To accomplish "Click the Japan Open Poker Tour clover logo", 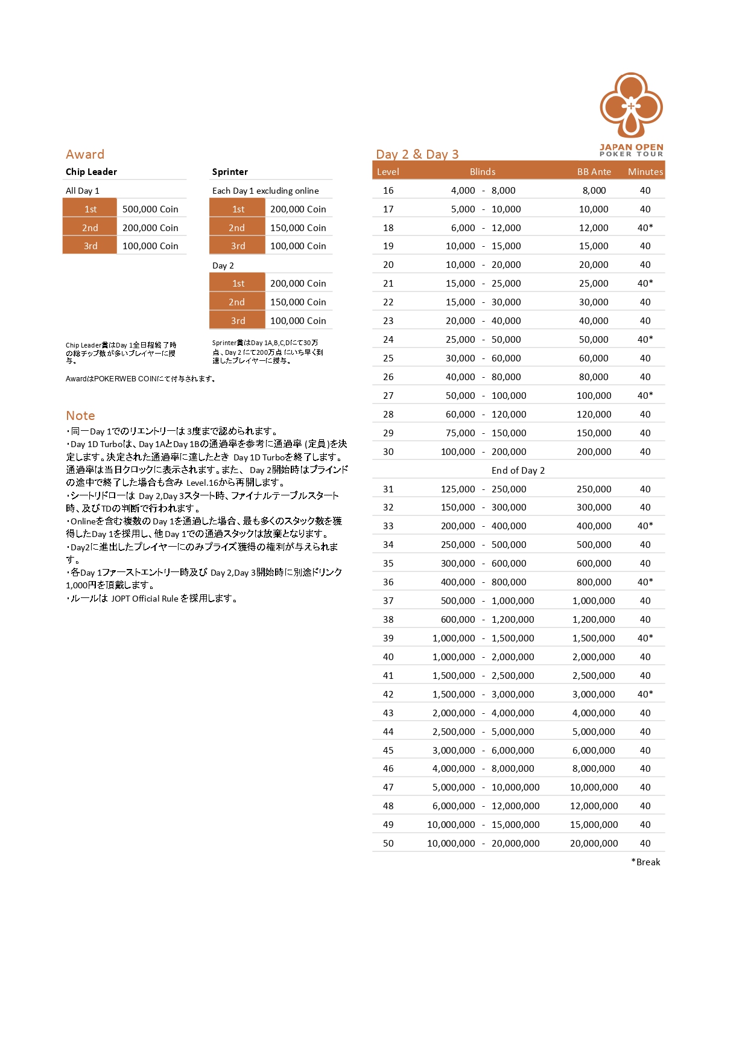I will pos(631,106).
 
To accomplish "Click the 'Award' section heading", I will pos(85,154).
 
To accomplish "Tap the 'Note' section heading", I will pos(80,416).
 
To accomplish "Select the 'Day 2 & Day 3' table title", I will pos(417,154).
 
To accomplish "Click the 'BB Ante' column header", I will pos(594,172).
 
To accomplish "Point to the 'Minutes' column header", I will pos(645,172).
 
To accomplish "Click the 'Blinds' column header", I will pos(483,172).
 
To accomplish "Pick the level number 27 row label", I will pos(388,396).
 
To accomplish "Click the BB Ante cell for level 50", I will pos(594,844).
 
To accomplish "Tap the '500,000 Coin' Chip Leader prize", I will pos(150,209).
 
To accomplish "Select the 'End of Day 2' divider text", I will pos(518,471).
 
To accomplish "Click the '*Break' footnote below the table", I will pos(645,862).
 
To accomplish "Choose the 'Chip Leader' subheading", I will pos(91,172).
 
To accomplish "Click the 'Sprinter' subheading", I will pos(230,172).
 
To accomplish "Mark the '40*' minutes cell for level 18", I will pos(645,228).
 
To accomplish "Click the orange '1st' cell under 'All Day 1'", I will pos(90,209).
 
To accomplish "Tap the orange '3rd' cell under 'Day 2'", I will pos(238,321).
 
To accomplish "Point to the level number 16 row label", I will pos(388,191).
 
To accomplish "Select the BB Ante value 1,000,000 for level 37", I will pos(594,601).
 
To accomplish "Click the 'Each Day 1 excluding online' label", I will pos(265,191).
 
